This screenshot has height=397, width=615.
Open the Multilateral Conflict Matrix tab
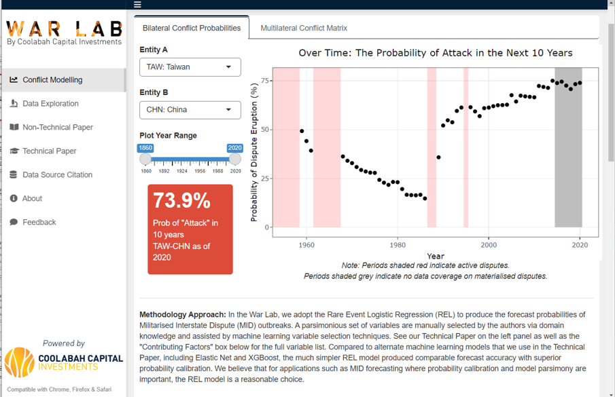tap(304, 28)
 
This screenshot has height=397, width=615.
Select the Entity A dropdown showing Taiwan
tap(190, 67)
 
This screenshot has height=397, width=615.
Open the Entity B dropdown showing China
tap(190, 109)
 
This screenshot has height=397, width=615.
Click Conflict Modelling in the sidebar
tap(52, 79)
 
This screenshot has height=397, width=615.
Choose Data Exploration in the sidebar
tap(50, 103)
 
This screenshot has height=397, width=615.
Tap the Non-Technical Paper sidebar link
tap(58, 127)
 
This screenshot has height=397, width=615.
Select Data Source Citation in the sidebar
tap(57, 174)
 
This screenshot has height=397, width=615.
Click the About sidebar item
tap(32, 198)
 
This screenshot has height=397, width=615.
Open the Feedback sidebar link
tap(39, 222)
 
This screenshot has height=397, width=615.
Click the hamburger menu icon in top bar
tap(137, 4)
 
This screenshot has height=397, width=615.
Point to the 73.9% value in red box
tap(181, 200)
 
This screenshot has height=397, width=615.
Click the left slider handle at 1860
tap(145, 159)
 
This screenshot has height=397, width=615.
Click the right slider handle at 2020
tap(234, 159)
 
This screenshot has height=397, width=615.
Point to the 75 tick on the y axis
tap(264, 81)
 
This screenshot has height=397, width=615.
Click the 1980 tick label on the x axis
tap(398, 244)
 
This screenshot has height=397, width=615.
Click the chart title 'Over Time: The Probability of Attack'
tap(436, 53)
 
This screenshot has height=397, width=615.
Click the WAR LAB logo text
tap(64, 29)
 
